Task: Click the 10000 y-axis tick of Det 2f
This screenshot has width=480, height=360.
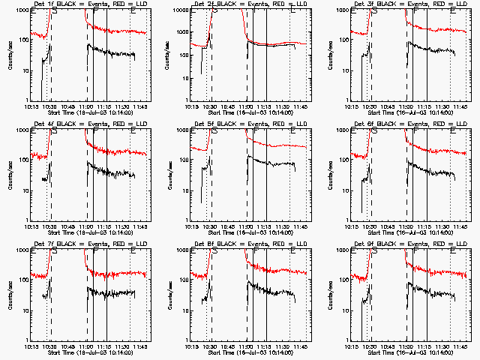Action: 180,10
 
